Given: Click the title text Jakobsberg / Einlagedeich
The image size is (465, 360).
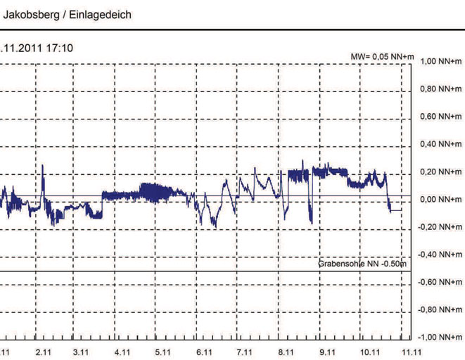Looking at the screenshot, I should [x=68, y=15].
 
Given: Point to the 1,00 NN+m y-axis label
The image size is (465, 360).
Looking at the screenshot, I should [x=440, y=62].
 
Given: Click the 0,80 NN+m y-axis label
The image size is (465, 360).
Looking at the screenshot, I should [x=440, y=90].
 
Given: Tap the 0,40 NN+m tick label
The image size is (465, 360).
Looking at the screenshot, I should [x=440, y=145].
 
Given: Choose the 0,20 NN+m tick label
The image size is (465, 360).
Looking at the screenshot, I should [x=440, y=172].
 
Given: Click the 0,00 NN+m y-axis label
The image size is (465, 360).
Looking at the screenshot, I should [x=440, y=200].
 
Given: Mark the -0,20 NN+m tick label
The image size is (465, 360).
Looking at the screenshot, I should [x=440, y=227].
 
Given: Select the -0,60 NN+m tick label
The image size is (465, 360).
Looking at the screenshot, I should [x=440, y=282].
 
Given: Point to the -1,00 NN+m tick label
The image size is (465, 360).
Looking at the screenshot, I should [x=440, y=337].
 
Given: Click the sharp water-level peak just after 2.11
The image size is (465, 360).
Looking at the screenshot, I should [x=43, y=166].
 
